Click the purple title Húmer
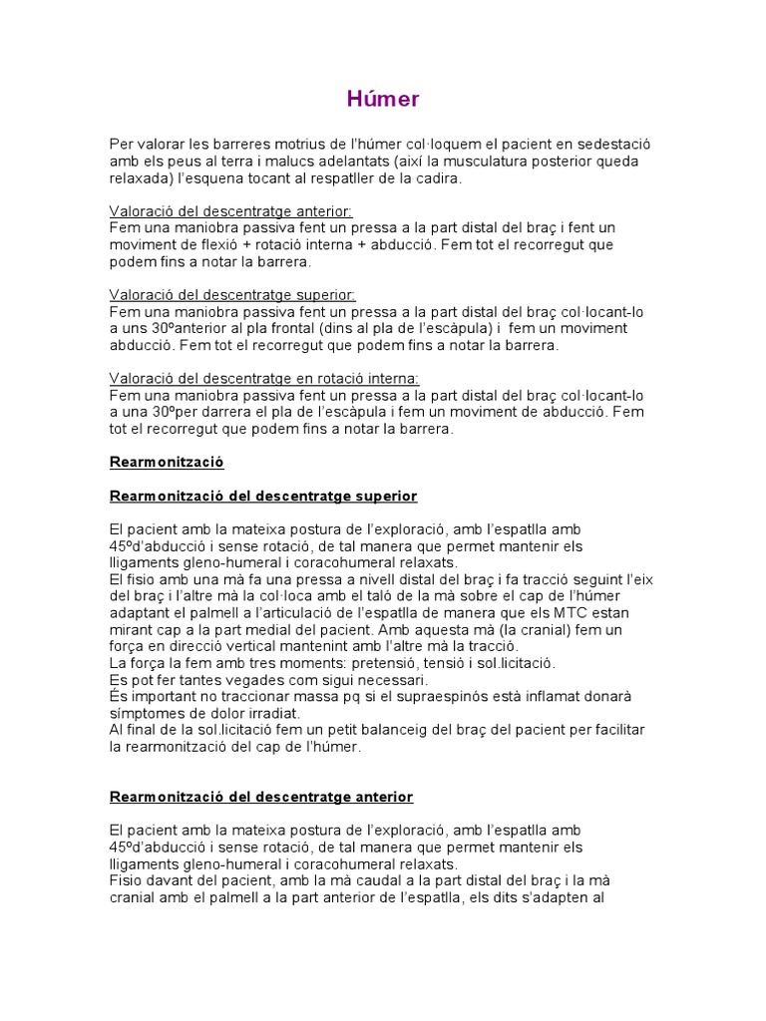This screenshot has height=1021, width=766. [x=383, y=99]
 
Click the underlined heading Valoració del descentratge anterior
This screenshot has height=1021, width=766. [x=231, y=212]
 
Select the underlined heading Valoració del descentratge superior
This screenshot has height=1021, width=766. [x=232, y=296]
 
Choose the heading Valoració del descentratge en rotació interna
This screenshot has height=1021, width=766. [x=264, y=379]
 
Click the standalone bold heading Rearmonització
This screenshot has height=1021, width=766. [x=167, y=463]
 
